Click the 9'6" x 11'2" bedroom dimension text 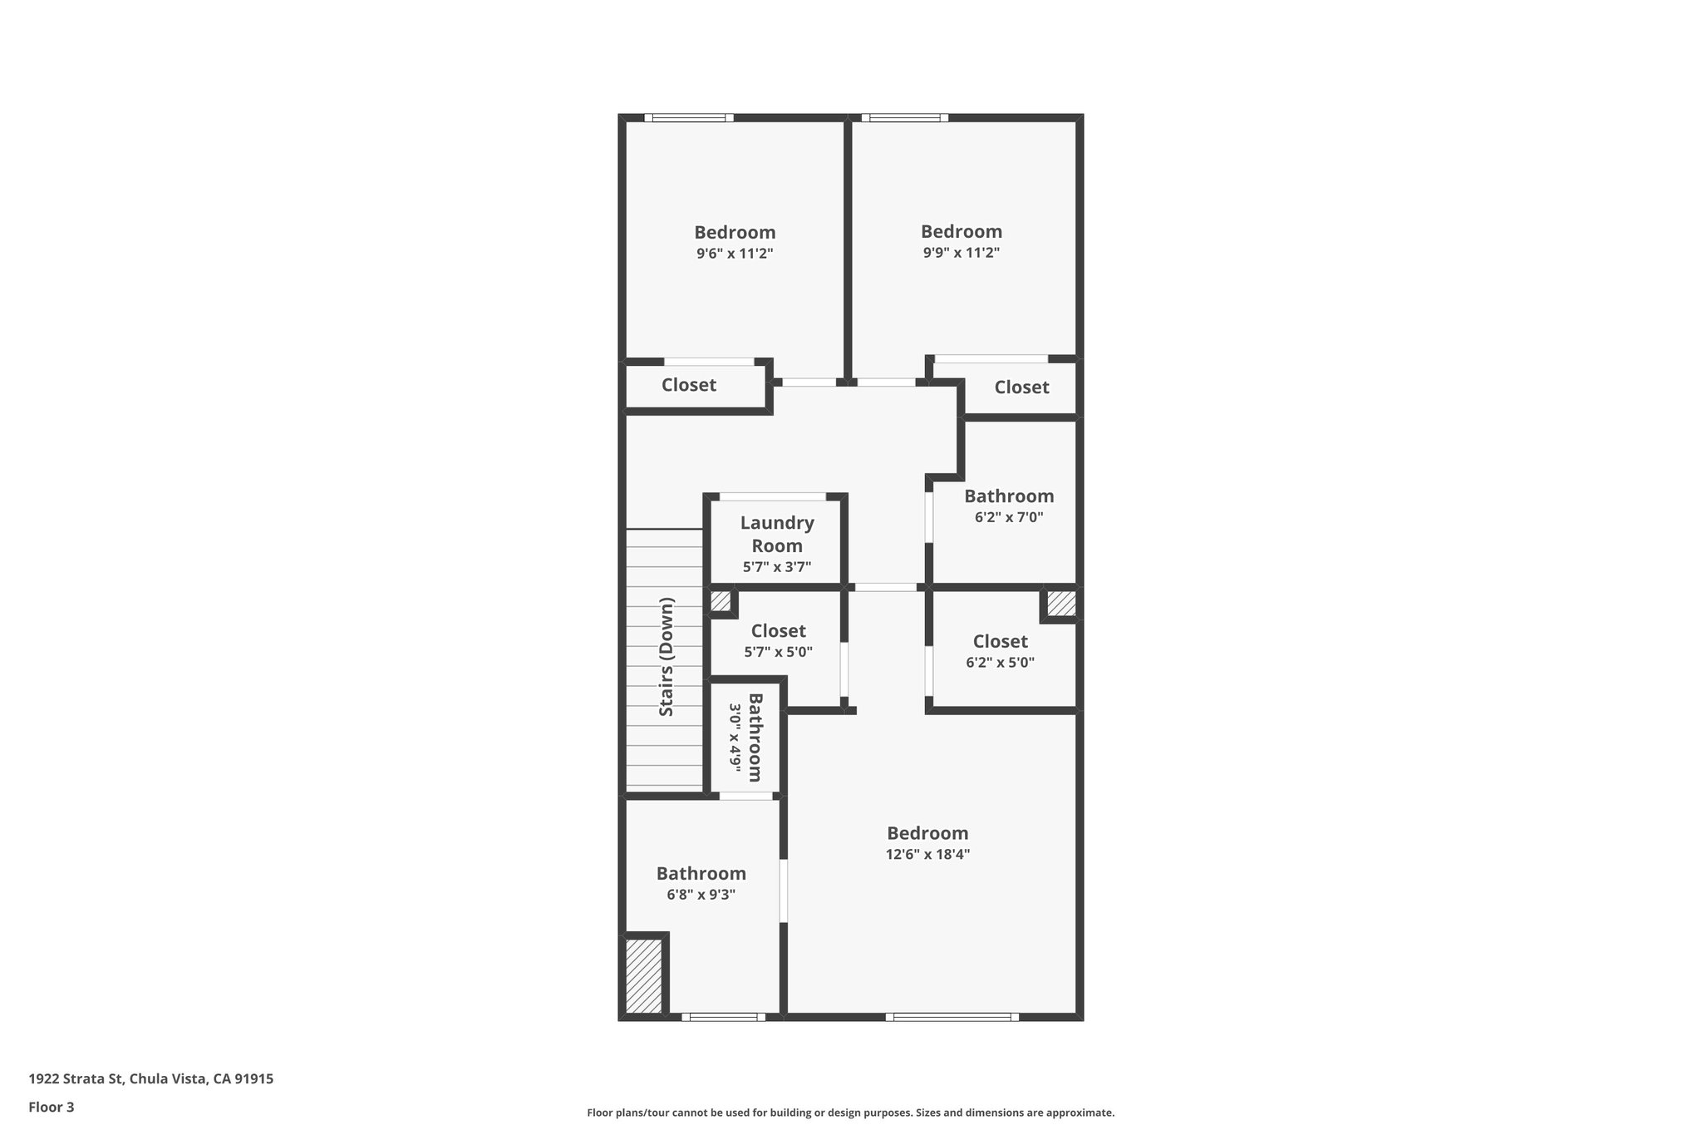pos(735,254)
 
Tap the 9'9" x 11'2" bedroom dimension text pos(961,253)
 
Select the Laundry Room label pos(777,534)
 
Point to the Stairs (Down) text pos(667,656)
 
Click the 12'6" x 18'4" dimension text pos(927,854)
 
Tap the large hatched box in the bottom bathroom pos(643,975)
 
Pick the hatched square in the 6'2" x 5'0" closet pos(1060,604)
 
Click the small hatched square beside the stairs pos(720,601)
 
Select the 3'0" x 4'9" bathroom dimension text pos(735,738)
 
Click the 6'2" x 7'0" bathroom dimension pos(1009,517)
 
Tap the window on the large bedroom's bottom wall pos(952,1016)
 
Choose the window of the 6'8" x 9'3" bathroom pos(723,1016)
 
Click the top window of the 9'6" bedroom pos(689,118)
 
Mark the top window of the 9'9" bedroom pos(905,118)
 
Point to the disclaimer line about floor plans pos(850,1113)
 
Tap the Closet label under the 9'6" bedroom pos(688,385)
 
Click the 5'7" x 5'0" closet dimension pos(778,652)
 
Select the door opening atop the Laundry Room pos(773,496)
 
